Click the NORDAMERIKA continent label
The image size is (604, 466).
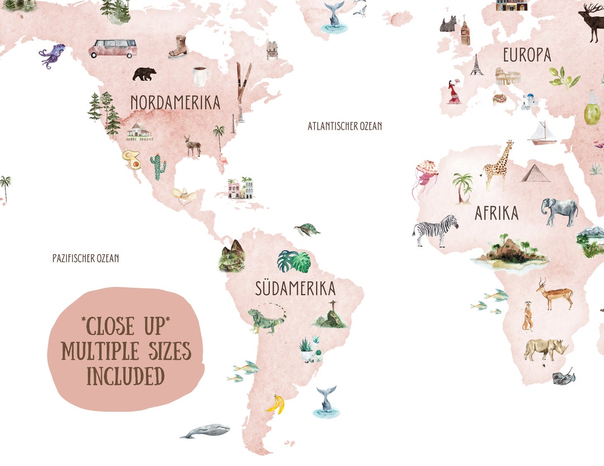(175, 102)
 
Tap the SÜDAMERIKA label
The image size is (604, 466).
(295, 288)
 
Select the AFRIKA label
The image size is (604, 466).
(496, 213)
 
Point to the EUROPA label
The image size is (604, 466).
(526, 55)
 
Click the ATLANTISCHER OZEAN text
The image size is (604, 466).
(345, 126)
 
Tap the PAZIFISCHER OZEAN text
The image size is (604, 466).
(86, 259)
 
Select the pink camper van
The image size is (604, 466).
(113, 48)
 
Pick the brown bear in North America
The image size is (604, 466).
(144, 73)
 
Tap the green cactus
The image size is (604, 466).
(158, 167)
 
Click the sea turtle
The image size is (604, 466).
(307, 229)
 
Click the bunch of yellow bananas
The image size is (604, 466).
(275, 404)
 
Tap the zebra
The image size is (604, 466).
(436, 230)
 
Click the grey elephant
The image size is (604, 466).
(559, 212)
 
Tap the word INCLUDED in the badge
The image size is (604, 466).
(125, 376)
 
